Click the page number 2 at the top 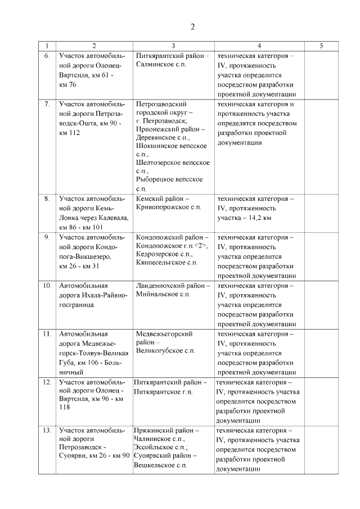coord(192,27)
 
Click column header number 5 coord(321,46)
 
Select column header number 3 coord(173,46)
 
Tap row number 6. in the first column coord(47,56)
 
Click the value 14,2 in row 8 coord(254,218)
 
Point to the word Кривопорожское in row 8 coord(163,208)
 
